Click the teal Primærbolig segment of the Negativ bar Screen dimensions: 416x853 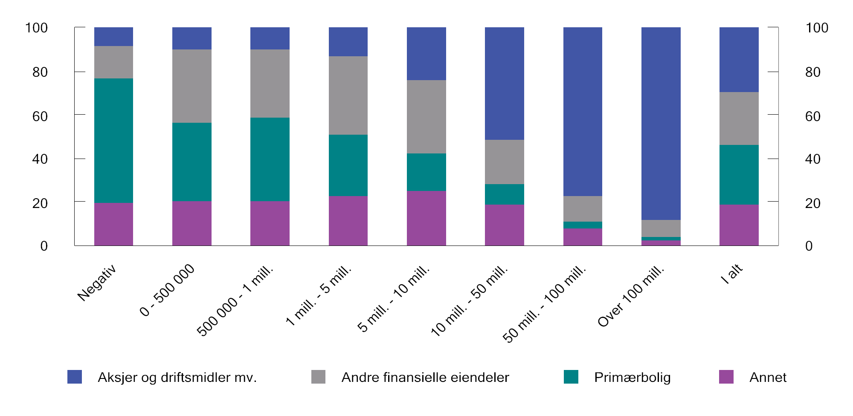(113, 141)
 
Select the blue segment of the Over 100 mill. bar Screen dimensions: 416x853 (661, 124)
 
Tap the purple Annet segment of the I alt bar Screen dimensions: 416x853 (739, 225)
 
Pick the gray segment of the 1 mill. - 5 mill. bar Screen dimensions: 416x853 (348, 95)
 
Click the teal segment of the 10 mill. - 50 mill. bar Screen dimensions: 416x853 (504, 194)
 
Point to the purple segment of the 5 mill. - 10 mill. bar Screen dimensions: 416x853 (426, 218)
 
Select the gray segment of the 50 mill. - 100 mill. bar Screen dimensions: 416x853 (583, 209)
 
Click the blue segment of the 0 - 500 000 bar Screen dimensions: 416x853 (191, 38)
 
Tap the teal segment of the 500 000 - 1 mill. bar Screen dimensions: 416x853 (270, 159)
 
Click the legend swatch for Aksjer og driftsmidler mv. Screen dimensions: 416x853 (75, 377)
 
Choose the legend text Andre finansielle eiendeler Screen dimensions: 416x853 (425, 378)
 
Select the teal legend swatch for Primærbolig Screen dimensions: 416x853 (571, 377)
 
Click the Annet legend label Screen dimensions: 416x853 (768, 378)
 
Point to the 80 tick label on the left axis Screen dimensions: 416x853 (40, 72)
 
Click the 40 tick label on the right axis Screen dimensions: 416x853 (812, 159)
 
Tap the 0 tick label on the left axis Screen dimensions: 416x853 (44, 246)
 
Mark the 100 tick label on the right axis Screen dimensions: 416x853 (816, 28)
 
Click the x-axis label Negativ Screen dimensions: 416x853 (97, 283)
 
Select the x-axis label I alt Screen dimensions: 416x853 (732, 274)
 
